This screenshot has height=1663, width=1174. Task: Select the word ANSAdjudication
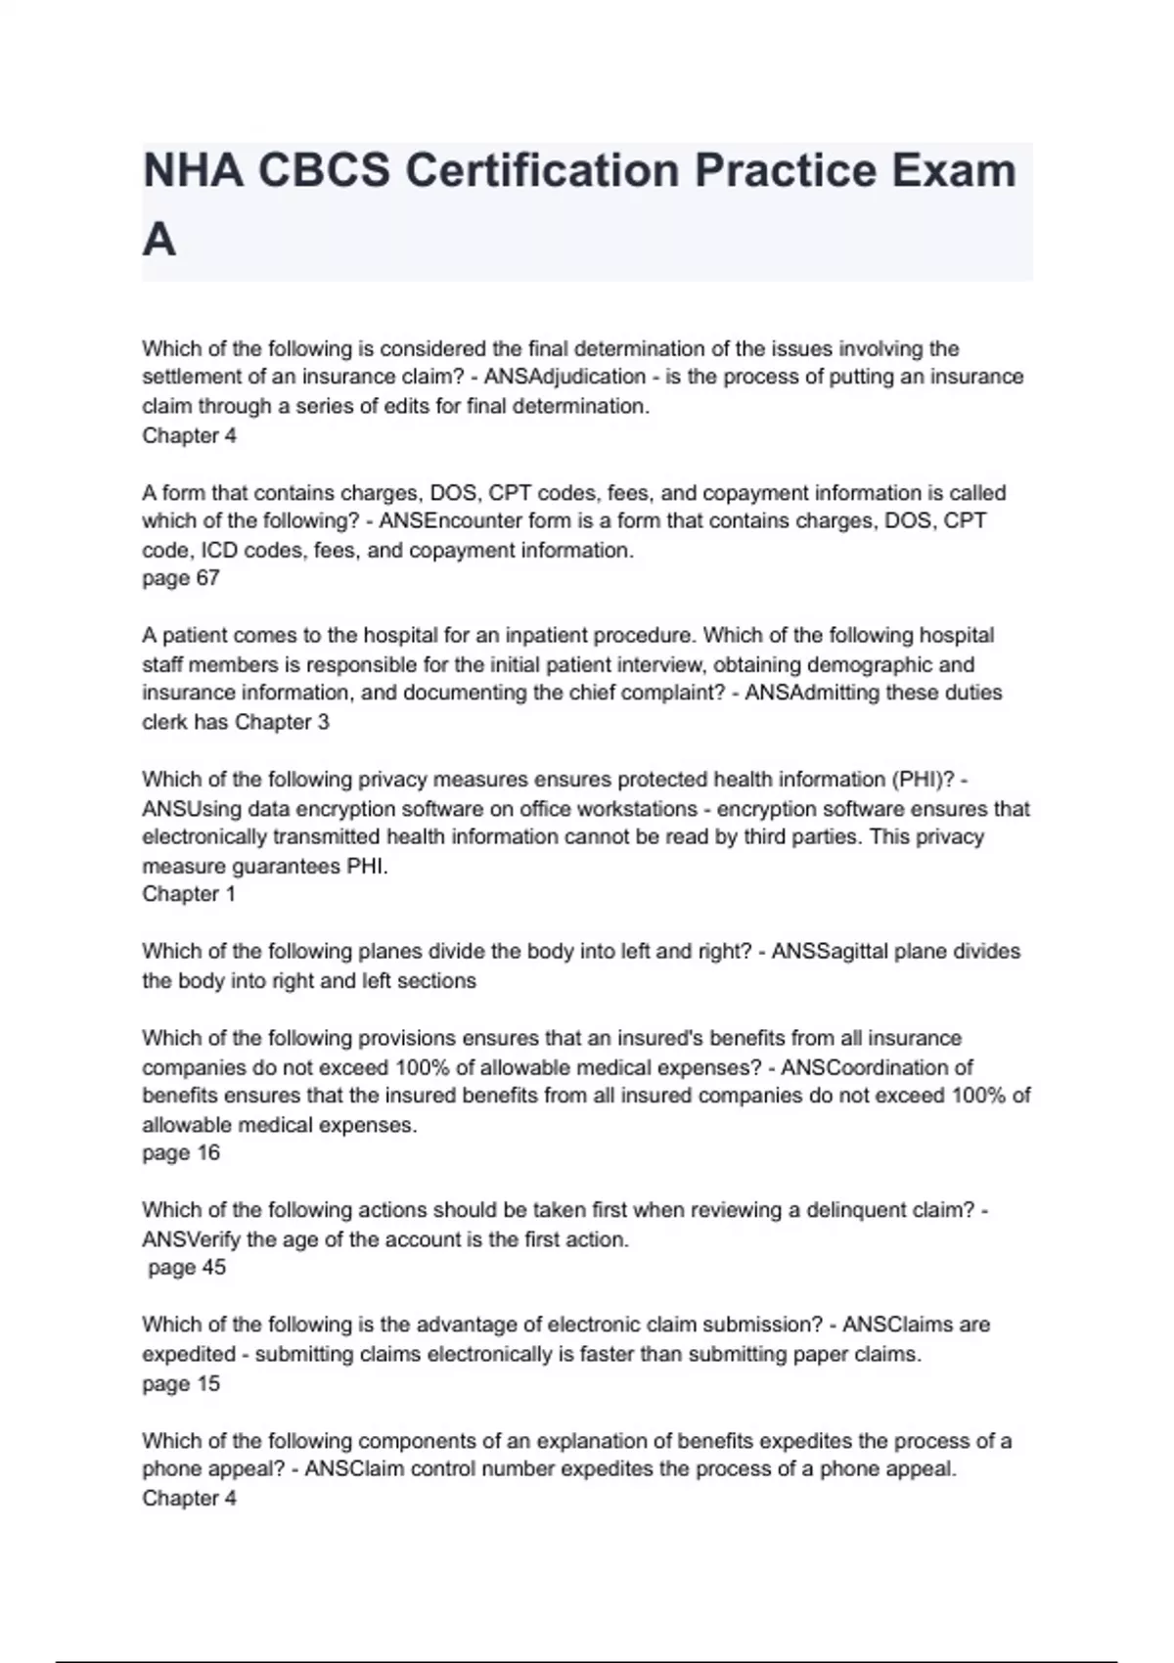point(564,377)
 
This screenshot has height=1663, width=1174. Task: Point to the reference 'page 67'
point(181,578)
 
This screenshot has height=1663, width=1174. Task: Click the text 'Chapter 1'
point(189,893)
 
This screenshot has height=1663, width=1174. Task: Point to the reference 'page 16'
point(181,1152)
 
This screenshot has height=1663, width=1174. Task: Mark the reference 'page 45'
point(187,1267)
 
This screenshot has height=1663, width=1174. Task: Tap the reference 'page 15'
point(181,1383)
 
